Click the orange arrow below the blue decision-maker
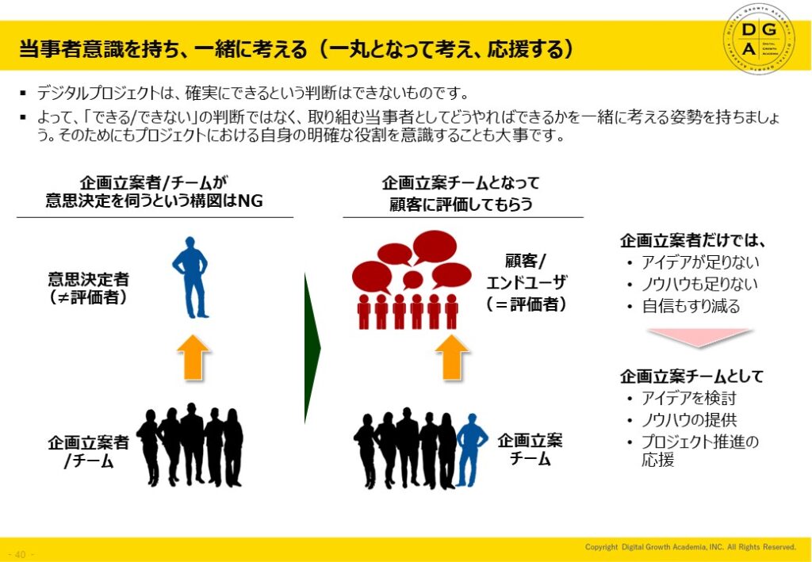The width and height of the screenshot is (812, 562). (x=190, y=357)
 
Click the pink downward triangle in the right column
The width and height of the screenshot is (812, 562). (x=697, y=337)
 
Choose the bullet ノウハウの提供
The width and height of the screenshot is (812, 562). (x=688, y=420)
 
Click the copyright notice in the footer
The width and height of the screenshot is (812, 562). (x=690, y=547)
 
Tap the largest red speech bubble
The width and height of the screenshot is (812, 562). (x=435, y=246)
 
